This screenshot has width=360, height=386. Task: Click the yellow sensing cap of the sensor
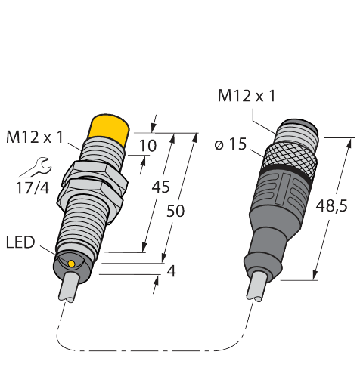pyautogui.click(x=107, y=128)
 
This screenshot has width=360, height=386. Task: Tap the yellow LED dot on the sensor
pyautogui.click(x=70, y=263)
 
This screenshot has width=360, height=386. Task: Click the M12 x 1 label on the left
pyautogui.click(x=36, y=137)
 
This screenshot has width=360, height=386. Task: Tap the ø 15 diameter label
pyautogui.click(x=230, y=144)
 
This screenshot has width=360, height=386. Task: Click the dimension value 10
pyautogui.click(x=149, y=145)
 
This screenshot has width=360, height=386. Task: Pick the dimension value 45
pyautogui.click(x=161, y=187)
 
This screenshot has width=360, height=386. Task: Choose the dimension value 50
pyautogui.click(x=175, y=213)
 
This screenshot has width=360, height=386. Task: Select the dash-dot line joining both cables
pyautogui.click(x=151, y=350)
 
